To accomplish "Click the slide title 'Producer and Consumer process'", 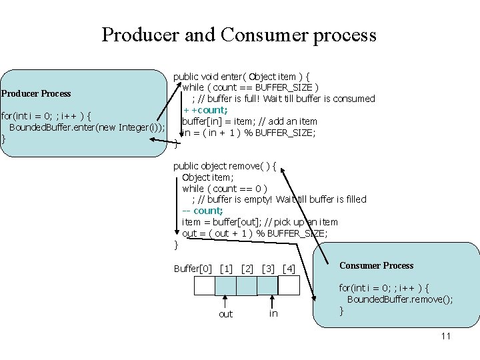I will click(x=239, y=35).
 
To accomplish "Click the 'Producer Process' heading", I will click(x=36, y=93).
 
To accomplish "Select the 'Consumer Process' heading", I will click(x=376, y=265).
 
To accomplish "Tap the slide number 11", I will click(x=445, y=336).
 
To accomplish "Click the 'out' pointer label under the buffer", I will click(x=226, y=314).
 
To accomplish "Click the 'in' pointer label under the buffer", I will click(x=273, y=313).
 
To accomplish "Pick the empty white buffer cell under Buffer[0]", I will click(x=204, y=285).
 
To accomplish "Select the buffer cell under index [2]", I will click(x=247, y=285).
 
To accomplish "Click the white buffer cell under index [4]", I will click(x=289, y=285).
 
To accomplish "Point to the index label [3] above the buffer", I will click(x=269, y=269).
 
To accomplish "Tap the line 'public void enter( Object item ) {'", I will click(x=246, y=76).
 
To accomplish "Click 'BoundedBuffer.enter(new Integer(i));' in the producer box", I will click(x=86, y=127).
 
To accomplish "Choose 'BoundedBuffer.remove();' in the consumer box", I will click(x=400, y=299).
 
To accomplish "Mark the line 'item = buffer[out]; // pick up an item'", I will click(x=260, y=222).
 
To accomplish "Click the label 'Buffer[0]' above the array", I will click(x=193, y=269).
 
